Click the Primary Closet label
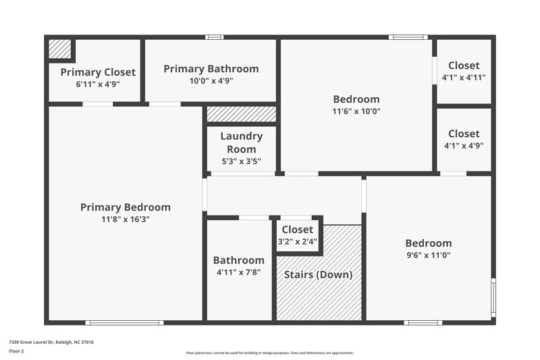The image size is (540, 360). [98, 72]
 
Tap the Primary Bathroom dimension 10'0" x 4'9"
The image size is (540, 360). [211, 81]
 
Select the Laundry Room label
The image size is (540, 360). [241, 143]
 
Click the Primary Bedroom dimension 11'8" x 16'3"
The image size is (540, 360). [126, 220]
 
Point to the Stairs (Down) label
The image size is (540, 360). [319, 275]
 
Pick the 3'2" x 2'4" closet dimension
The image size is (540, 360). [298, 241]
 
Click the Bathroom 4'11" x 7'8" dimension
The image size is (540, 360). [238, 272]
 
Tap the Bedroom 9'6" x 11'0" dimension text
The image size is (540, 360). [428, 255]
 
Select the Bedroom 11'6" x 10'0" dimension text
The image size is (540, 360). [356, 111]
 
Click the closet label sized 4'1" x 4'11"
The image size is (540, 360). [464, 66]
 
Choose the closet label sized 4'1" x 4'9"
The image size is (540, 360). [464, 134]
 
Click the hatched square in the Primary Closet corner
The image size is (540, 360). [59, 49]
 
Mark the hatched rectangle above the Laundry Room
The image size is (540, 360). [241, 114]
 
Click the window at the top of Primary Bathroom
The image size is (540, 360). [215, 37]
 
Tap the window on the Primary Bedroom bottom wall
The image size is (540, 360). [124, 323]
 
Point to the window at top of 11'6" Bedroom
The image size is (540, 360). [408, 37]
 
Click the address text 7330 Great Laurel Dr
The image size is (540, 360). [51, 342]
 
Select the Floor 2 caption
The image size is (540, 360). [16, 351]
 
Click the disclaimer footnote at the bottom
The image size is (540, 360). [270, 353]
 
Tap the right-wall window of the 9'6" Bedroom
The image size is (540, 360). [493, 297]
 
